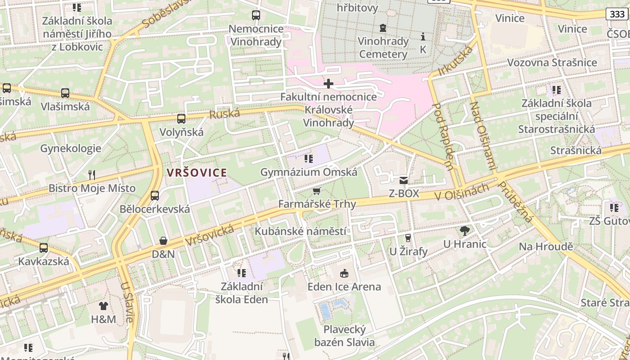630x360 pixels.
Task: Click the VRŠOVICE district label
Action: tap(197, 172)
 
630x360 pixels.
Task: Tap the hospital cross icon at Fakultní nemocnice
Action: tap(328, 84)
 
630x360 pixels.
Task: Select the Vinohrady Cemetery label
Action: tap(383, 48)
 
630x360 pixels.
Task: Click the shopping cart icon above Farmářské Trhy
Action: tap(317, 191)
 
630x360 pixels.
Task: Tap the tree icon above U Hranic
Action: tap(465, 231)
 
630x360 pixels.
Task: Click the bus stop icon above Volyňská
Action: tap(181, 119)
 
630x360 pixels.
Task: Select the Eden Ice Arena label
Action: tap(344, 287)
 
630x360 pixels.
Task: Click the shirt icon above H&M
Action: tap(103, 306)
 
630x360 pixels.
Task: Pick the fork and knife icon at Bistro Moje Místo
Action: tap(92, 175)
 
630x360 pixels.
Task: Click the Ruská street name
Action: tap(225, 114)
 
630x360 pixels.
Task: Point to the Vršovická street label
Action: tap(210, 235)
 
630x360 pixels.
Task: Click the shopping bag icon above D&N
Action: tap(163, 241)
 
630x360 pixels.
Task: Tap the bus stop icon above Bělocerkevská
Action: tap(155, 196)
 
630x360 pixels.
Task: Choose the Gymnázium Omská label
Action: tap(309, 172)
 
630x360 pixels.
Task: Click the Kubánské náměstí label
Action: tap(301, 231)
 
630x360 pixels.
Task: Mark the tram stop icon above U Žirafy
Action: tap(408, 238)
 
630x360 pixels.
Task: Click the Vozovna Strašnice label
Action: tap(552, 63)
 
